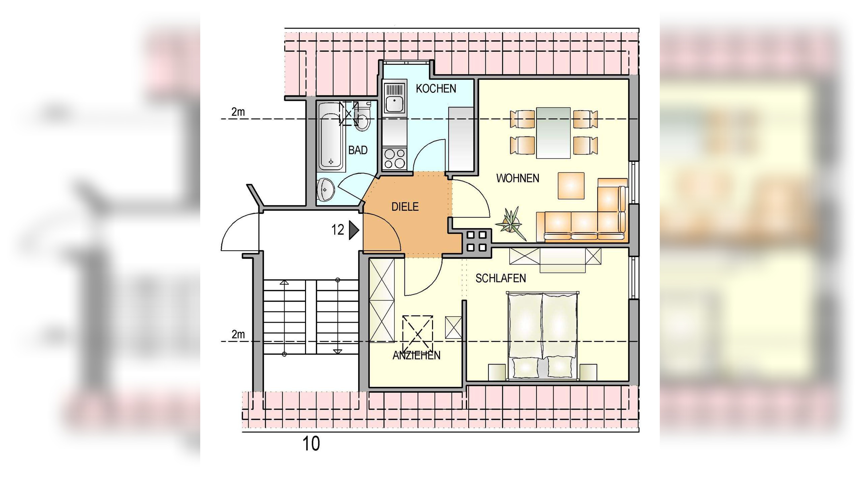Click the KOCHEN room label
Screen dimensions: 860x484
[436, 88]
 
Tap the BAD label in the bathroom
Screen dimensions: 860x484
[358, 150]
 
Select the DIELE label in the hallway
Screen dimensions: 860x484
[405, 207]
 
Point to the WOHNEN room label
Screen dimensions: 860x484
[518, 178]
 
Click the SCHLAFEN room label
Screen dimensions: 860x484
[501, 278]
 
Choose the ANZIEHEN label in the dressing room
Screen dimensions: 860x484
[417, 356]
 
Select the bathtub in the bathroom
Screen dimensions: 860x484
[331, 137]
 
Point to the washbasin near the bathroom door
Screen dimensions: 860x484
[326, 190]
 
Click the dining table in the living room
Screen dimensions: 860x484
[553, 133]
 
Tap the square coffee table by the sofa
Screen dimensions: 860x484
[571, 186]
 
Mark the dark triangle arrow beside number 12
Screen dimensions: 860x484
[354, 230]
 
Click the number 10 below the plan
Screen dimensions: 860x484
[311, 444]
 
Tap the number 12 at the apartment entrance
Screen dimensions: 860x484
[338, 230]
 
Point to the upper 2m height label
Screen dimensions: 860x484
[238, 112]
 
